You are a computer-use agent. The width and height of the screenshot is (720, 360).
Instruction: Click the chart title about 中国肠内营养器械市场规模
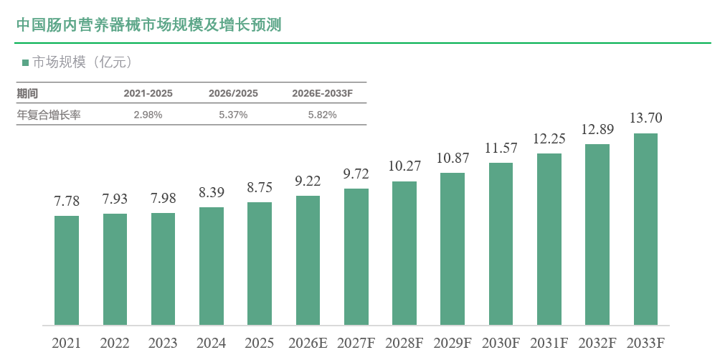pyautogui.click(x=148, y=25)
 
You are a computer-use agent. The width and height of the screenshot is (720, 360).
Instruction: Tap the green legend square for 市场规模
pyautogui.click(x=25, y=62)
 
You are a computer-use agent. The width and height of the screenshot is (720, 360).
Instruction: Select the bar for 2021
pyautogui.click(x=67, y=270)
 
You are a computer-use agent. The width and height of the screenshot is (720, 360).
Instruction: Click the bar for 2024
pyautogui.click(x=212, y=266)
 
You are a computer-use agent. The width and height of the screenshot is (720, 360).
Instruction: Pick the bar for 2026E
pyautogui.click(x=308, y=260)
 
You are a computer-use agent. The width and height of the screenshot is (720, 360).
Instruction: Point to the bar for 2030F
pyautogui.click(x=501, y=244)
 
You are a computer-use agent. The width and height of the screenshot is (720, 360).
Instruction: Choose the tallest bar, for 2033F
pyautogui.click(x=645, y=229)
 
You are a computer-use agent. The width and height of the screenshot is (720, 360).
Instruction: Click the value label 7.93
pyautogui.click(x=115, y=199)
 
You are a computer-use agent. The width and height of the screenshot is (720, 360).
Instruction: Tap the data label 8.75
pyautogui.click(x=260, y=188)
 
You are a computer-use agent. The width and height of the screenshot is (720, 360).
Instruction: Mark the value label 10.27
pyautogui.click(x=404, y=166)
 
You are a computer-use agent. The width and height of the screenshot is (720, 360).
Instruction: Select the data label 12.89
pyautogui.click(x=597, y=130)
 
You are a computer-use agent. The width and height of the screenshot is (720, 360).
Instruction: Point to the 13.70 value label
pyautogui.click(x=645, y=118)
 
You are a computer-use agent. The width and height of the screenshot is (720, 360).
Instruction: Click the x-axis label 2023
pyautogui.click(x=163, y=343)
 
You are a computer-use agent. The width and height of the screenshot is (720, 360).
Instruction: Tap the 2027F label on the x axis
pyautogui.click(x=356, y=343)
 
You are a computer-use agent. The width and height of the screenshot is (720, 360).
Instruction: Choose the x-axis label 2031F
pyautogui.click(x=549, y=343)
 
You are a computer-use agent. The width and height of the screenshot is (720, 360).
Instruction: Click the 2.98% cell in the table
pyautogui.click(x=148, y=115)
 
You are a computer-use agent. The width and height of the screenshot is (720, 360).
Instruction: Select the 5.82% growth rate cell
pyautogui.click(x=322, y=115)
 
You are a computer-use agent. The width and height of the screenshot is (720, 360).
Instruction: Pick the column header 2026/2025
pyautogui.click(x=233, y=94)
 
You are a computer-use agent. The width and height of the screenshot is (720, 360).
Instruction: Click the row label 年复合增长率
pyautogui.click(x=49, y=115)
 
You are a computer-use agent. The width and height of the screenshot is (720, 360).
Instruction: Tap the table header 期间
pyautogui.click(x=27, y=94)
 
